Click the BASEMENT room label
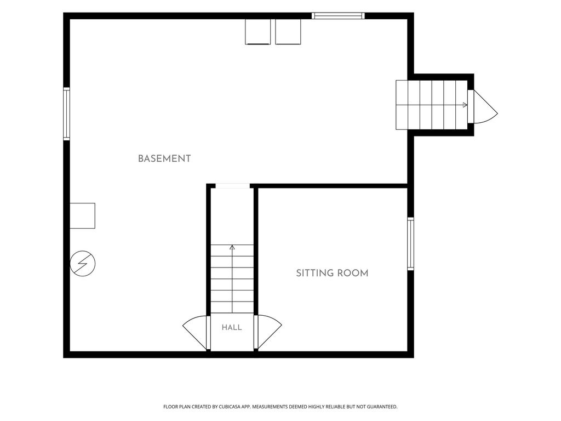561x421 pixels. (x=164, y=158)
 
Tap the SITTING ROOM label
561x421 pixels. (x=332, y=273)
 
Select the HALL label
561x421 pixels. (x=232, y=327)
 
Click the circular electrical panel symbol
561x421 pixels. (x=83, y=264)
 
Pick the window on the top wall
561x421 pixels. (x=338, y=16)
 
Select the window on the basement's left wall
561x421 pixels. (x=66, y=113)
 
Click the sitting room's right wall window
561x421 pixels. (x=411, y=243)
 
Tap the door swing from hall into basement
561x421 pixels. (x=195, y=332)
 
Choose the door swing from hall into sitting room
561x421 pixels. (x=268, y=332)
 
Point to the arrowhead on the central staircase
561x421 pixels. (x=232, y=247)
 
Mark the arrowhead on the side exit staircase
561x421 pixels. (x=465, y=105)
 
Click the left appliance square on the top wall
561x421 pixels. (x=257, y=31)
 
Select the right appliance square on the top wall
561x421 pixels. (x=288, y=31)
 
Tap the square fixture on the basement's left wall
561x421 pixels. (x=82, y=215)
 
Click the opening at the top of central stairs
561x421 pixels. (x=232, y=186)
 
